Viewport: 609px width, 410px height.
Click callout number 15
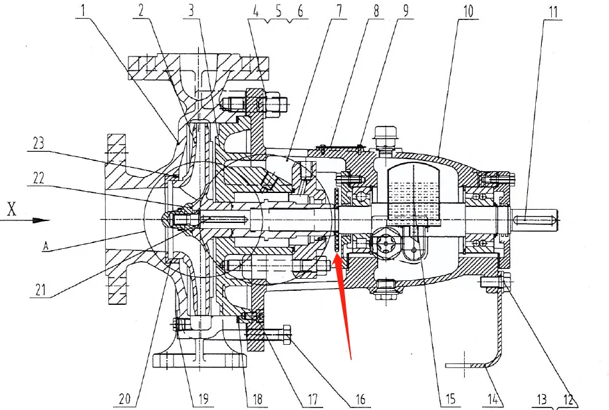tap(450, 399)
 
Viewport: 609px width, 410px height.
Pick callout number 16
tap(360, 399)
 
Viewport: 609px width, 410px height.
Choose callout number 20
tap(125, 399)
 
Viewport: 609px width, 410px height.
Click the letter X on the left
tap(11, 210)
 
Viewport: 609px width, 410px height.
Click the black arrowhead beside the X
tap(41, 220)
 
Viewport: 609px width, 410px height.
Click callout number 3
tap(192, 10)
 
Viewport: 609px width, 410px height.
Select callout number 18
tap(257, 399)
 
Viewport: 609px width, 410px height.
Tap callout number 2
tap(141, 10)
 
